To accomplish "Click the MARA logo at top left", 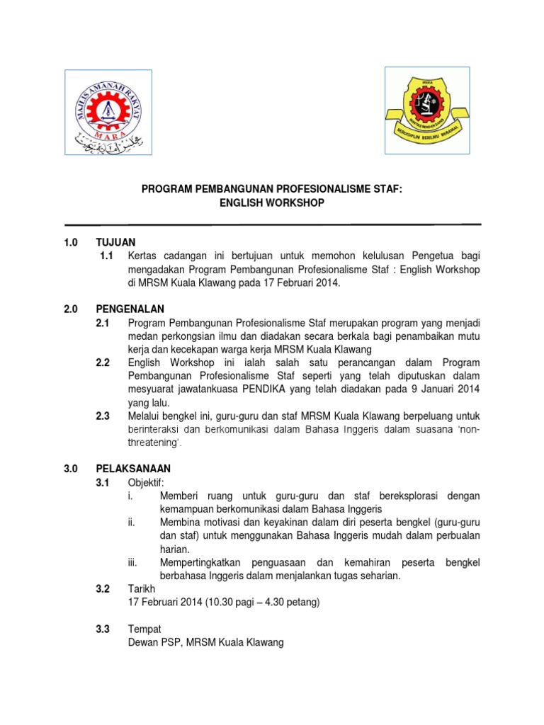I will tap(108, 112).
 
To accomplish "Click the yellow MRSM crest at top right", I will tap(427, 110).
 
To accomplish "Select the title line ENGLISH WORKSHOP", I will tap(272, 203).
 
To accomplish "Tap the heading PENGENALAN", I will tap(130, 309).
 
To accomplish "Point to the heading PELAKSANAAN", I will tap(133, 469).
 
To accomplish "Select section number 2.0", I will tap(70, 309).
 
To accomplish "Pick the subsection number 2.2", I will tap(103, 363).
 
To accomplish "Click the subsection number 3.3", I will tap(103, 629).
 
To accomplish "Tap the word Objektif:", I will tap(146, 482).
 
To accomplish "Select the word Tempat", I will tap(144, 629).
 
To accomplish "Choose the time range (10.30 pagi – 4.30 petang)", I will tap(262, 603).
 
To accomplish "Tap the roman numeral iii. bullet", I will tap(132, 562).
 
